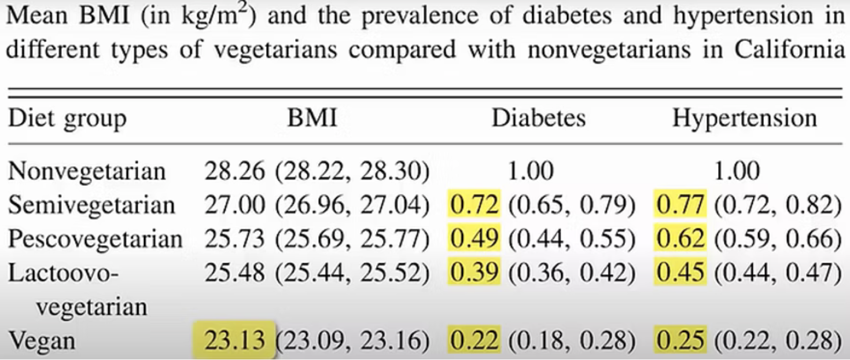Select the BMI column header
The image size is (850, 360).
312,118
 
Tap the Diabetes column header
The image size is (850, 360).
538,118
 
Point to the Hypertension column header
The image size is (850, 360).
744,119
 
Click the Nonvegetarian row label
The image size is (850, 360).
87,172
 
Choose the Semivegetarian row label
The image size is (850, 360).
91,205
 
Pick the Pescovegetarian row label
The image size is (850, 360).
95,239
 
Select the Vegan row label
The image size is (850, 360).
42,341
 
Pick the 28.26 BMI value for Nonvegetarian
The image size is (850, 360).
235,172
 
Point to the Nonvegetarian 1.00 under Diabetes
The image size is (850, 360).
531,172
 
